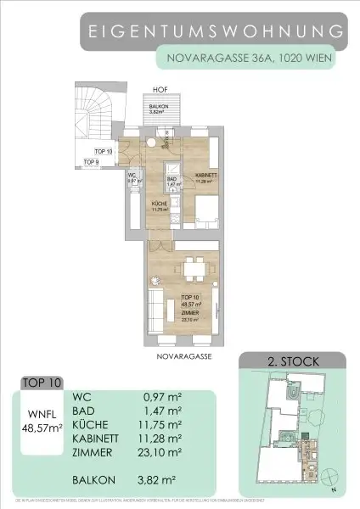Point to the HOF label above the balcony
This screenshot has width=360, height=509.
point(159,88)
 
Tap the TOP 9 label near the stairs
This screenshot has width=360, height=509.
point(92,161)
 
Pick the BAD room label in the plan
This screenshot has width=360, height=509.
point(171,181)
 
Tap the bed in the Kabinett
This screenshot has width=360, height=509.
point(209,213)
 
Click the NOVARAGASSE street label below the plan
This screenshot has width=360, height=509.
point(183,358)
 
